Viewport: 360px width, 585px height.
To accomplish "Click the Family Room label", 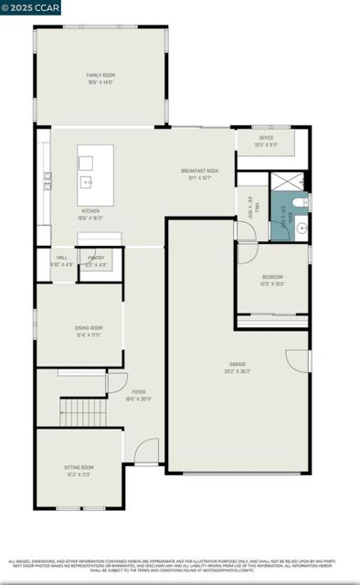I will point(101,79).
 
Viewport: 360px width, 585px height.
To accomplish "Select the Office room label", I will point(266,141).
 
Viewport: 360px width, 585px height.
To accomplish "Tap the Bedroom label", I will point(272,280).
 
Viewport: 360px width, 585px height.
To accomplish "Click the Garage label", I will point(238,367).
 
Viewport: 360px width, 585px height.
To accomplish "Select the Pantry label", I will point(96,261).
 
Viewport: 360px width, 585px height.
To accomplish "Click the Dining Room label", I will point(89,331).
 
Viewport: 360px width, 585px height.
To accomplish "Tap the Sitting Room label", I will point(79,470).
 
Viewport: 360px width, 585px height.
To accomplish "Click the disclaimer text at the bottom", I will point(180,566).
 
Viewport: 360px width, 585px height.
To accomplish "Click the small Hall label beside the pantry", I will point(61,261).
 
